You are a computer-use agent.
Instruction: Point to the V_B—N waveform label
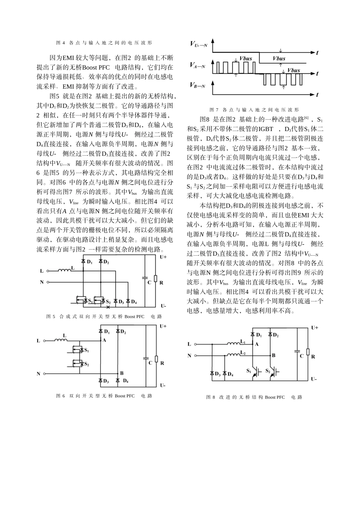[x=197, y=86]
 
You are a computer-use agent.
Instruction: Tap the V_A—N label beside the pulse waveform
[x=197, y=66]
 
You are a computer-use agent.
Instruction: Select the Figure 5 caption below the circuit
[x=104, y=316]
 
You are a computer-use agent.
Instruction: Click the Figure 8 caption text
[x=254, y=397]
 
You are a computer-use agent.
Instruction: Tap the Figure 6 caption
[x=104, y=396]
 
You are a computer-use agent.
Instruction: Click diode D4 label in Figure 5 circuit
[x=134, y=302]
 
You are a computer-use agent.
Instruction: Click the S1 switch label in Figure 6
[x=86, y=350]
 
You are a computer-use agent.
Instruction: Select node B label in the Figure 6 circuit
[x=122, y=373]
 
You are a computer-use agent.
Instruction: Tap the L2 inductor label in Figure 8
[x=243, y=353]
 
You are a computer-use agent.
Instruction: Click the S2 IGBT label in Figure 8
[x=268, y=370]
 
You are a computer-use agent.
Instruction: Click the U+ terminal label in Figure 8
[x=315, y=328]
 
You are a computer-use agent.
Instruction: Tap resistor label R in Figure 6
[x=162, y=363]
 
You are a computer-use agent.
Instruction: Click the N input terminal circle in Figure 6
[x=45, y=374]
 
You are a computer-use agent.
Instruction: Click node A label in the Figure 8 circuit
[x=257, y=344]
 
